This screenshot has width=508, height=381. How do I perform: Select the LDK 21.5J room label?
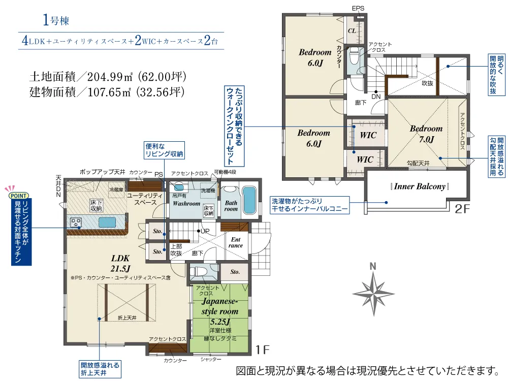pyautogui.click(x=120, y=263)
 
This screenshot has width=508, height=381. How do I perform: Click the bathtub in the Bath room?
pyautogui.click(x=249, y=200)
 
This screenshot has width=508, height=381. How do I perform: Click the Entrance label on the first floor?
pyautogui.click(x=236, y=242)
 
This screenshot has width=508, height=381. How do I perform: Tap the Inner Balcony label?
pyautogui.click(x=420, y=186)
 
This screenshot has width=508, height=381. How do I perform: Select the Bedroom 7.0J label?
pyautogui.click(x=426, y=134)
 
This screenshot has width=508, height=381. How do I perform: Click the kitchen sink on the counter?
pyautogui.click(x=107, y=223)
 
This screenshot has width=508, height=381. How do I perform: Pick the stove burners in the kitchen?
pyautogui.click(x=76, y=223)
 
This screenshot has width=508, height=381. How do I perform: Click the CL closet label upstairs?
pyautogui.click(x=352, y=31)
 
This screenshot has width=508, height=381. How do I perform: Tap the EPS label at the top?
pyautogui.click(x=358, y=9)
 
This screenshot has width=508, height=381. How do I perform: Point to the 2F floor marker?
pyautogui.click(x=462, y=209)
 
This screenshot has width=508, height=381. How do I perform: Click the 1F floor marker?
pyautogui.click(x=263, y=350)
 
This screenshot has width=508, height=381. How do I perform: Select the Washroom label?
pyautogui.click(x=186, y=204)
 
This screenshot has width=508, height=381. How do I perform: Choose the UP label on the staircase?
pyautogui.click(x=205, y=231)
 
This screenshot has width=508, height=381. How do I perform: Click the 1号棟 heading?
pyautogui.click(x=56, y=20)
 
